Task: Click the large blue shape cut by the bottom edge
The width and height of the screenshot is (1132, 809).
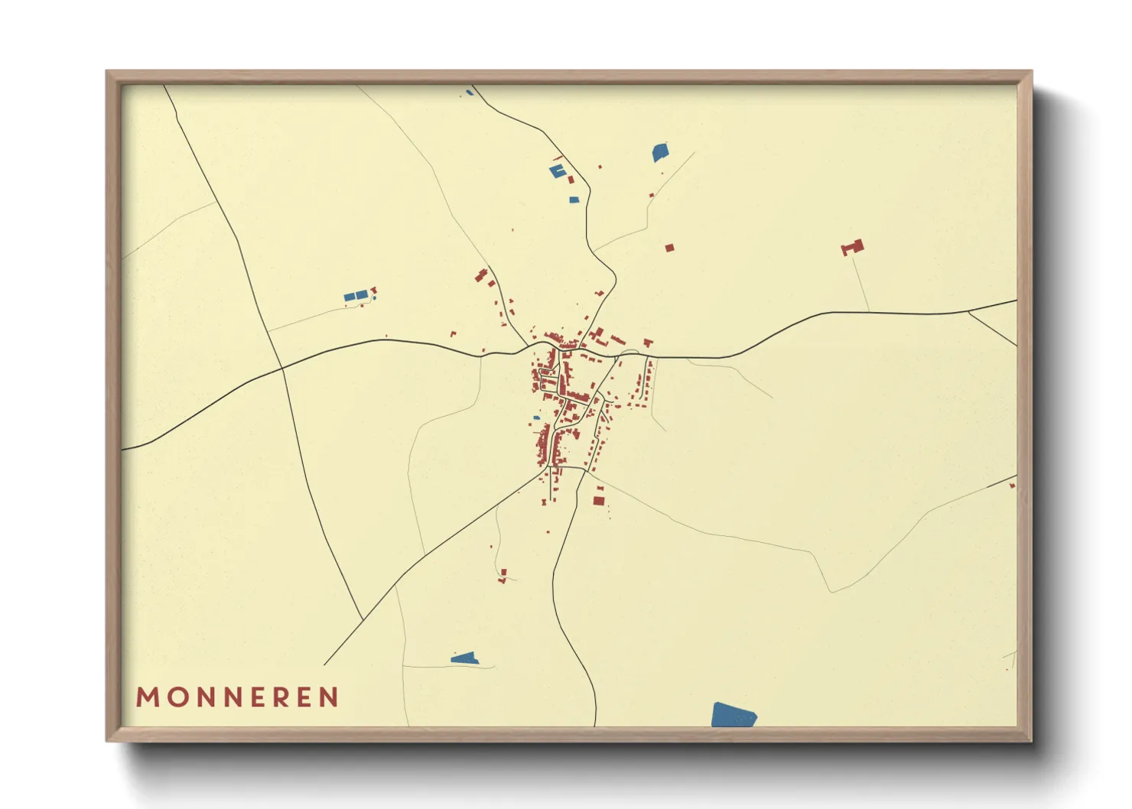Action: [733, 716]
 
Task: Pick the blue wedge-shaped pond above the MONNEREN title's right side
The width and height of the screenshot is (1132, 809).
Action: [464, 658]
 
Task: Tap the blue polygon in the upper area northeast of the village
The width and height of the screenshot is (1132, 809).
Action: [660, 152]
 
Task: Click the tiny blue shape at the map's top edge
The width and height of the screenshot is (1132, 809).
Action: [470, 93]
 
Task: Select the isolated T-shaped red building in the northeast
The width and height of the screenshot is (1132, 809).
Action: [853, 247]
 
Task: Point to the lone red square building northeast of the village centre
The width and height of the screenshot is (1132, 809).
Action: [669, 248]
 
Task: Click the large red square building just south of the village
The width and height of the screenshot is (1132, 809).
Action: [599, 501]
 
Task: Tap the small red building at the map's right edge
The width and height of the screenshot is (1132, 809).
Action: [1012, 485]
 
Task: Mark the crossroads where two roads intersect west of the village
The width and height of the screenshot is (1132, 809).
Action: [282, 368]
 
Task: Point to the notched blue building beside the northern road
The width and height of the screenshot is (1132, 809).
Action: [557, 171]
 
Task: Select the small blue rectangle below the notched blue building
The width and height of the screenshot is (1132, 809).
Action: [574, 200]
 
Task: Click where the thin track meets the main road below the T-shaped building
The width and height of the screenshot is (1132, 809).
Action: [869, 312]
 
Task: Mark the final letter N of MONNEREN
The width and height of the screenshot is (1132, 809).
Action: [330, 697]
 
